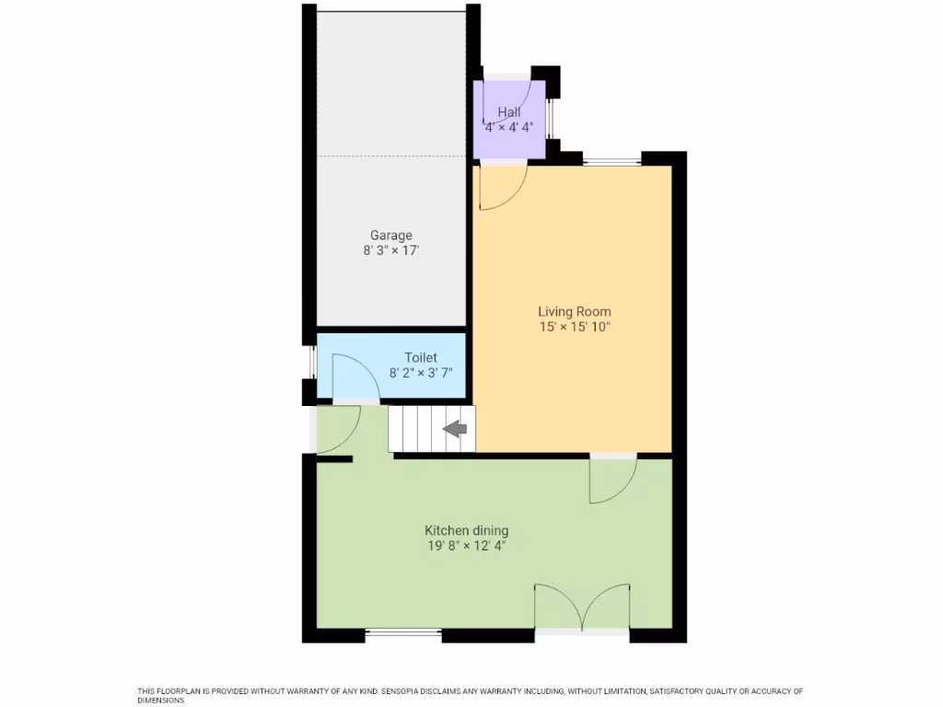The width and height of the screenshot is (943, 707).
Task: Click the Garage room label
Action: pyautogui.click(x=391, y=235)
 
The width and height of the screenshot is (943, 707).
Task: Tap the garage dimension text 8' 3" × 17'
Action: pyautogui.click(x=391, y=249)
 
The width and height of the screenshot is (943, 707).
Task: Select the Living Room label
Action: pyautogui.click(x=575, y=311)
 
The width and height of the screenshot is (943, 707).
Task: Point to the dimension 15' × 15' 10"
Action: pyautogui.click(x=575, y=326)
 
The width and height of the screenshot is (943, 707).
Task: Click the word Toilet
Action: pyautogui.click(x=421, y=357)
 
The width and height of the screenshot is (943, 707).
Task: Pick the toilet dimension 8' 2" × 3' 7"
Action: pyautogui.click(x=421, y=373)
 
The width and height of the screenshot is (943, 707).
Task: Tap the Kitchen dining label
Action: pyautogui.click(x=466, y=530)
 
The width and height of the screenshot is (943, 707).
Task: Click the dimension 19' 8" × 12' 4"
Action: pyautogui.click(x=466, y=545)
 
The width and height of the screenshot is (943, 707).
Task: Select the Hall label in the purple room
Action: pyautogui.click(x=508, y=112)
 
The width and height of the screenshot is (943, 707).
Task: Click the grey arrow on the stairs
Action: pyautogui.click(x=456, y=429)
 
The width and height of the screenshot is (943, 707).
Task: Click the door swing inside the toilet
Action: pyautogui.click(x=353, y=378)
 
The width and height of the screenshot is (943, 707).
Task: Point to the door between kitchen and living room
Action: pyautogui.click(x=611, y=479)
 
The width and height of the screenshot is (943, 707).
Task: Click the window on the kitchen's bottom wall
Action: pyautogui.click(x=403, y=633)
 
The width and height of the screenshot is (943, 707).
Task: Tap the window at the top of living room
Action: pyautogui.click(x=611, y=162)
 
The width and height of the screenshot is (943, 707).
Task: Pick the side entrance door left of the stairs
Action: pyautogui.click(x=337, y=428)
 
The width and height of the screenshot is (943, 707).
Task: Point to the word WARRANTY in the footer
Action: pyautogui.click(x=287, y=690)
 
